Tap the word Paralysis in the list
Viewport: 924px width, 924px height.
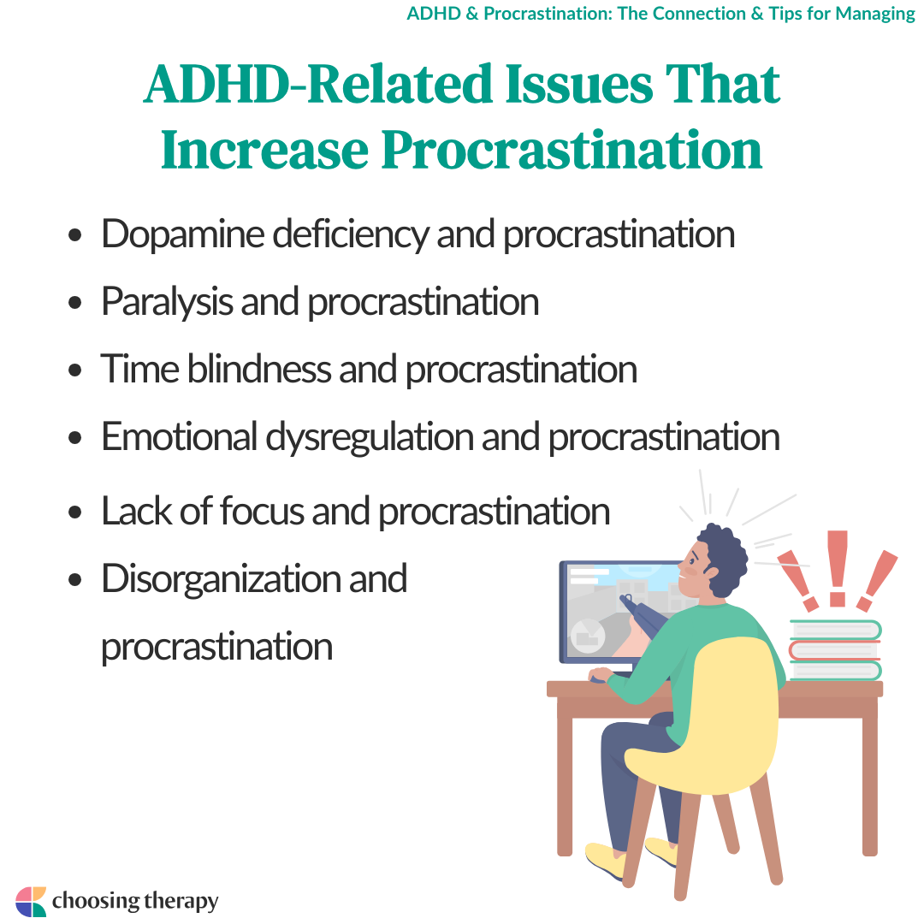tap(167, 302)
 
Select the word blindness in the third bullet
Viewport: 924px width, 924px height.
tap(258, 370)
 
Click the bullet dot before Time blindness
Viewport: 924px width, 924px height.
tap(74, 370)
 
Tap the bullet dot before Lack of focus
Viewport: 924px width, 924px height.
tap(74, 512)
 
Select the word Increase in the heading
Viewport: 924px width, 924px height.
tap(264, 150)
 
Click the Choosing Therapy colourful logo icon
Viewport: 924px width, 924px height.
tap(31, 902)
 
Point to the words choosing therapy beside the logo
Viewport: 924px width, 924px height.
tap(135, 902)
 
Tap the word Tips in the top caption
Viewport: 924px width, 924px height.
tap(785, 13)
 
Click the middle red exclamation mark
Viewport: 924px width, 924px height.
tap(838, 568)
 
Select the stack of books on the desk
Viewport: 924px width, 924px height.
tap(835, 650)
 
